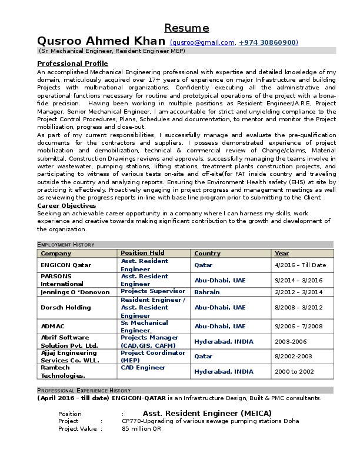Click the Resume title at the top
pyautogui.click(x=186, y=28)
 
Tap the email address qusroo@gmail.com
pyautogui.click(x=203, y=42)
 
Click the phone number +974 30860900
pyautogui.click(x=268, y=42)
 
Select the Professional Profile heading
pyautogui.click(x=72, y=64)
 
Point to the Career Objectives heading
pyautogui.click(x=66, y=206)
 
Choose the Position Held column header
pyautogui.click(x=142, y=253)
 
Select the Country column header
pyautogui.click(x=207, y=254)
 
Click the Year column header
pyautogui.click(x=282, y=254)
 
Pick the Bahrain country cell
pyautogui.click(x=207, y=292)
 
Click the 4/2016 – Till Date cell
pyautogui.click(x=300, y=265)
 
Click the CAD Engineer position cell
pyautogui.click(x=143, y=368)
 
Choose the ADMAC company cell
pyautogui.click(x=54, y=326)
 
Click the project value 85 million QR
pyautogui.click(x=141, y=429)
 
